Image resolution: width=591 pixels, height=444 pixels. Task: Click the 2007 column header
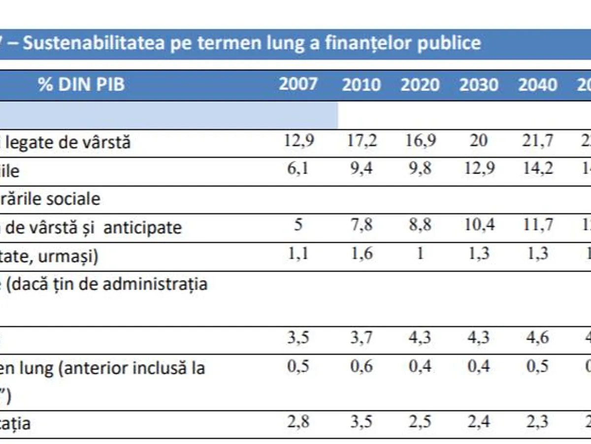coord(298,84)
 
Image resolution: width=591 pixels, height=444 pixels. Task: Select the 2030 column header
coord(478,85)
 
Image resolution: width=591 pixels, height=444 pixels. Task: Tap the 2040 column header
coord(537,85)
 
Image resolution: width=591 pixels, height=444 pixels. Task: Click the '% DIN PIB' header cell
coord(82,84)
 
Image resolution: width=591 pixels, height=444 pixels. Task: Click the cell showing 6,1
coord(298,169)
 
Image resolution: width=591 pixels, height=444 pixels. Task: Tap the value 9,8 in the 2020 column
coord(420,169)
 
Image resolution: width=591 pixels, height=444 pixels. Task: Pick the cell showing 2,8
coord(298,422)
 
